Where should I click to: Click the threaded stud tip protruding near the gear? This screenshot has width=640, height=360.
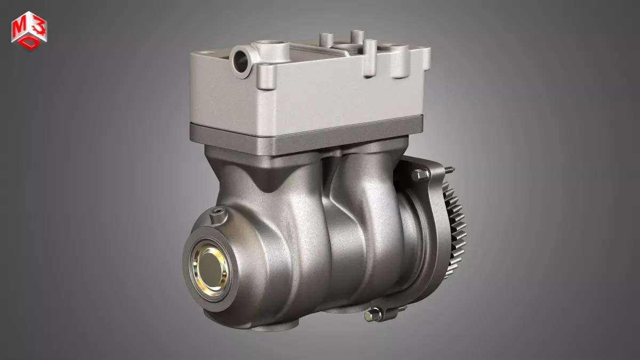coord(450,170)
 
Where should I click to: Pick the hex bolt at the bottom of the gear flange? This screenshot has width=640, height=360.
coord(370,316)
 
